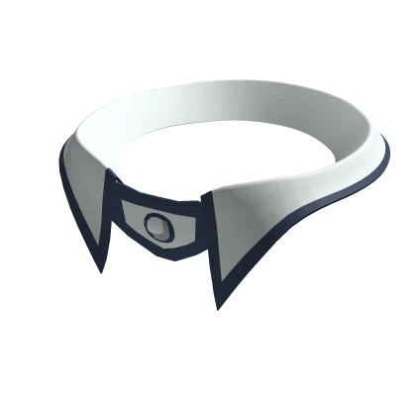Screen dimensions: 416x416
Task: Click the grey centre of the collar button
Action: click(156, 223)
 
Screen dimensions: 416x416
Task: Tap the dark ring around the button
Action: click(149, 223)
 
